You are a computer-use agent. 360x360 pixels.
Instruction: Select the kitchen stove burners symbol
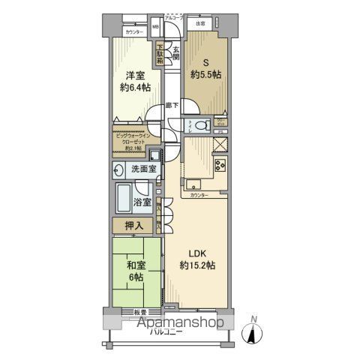coord(221,166)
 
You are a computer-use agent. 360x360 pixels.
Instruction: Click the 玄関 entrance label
coord(175,55)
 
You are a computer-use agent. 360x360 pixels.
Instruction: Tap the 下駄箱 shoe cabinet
coord(160,55)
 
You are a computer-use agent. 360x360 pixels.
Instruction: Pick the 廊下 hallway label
coord(172,106)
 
